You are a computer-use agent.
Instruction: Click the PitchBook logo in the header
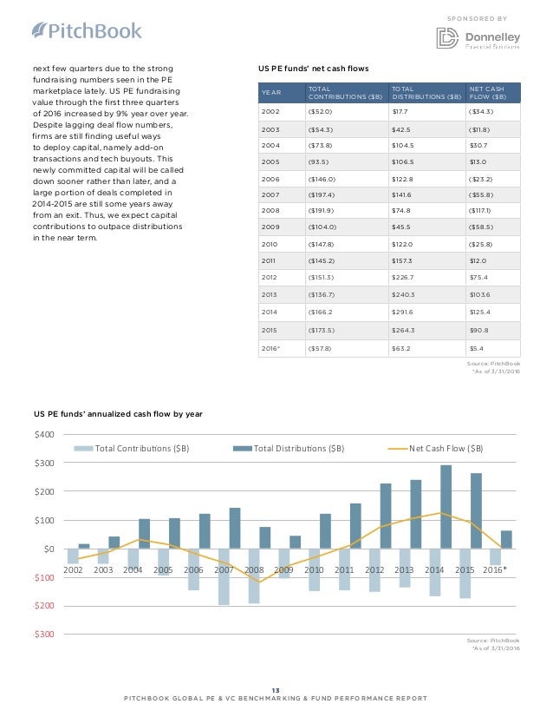(x=86, y=31)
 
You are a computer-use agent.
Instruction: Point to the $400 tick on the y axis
(x=44, y=434)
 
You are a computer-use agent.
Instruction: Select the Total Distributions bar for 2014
(x=446, y=507)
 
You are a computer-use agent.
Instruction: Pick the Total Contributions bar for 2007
(x=224, y=576)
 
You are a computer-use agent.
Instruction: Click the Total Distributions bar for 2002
(x=84, y=546)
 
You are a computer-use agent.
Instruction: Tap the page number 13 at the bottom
(x=276, y=689)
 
